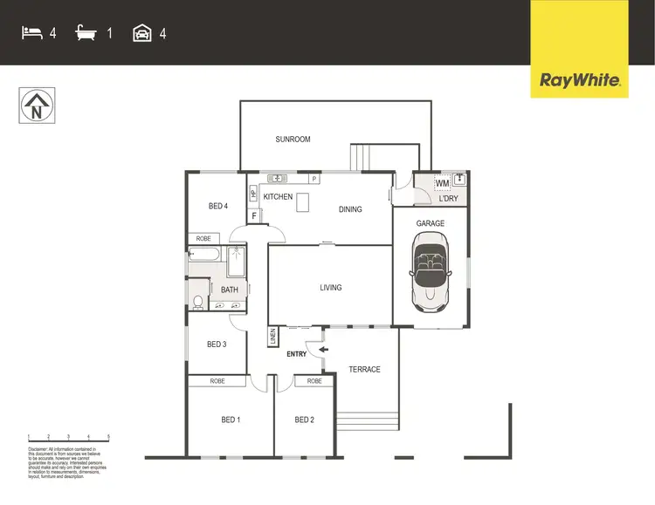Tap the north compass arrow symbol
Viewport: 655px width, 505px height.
pos(36,106)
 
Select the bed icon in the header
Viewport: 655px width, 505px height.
pos(31,33)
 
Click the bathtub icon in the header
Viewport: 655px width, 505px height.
pos(86,33)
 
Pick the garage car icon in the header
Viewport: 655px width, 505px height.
pos(141,33)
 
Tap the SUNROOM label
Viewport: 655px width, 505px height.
pos(293,140)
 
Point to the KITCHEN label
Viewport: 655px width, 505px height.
pos(278,197)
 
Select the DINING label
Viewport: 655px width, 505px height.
pos(350,209)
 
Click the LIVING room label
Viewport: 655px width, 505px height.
pos(330,288)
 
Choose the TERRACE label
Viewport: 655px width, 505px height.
pos(364,370)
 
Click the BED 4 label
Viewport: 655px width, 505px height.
pos(218,207)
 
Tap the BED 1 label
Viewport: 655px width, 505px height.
pos(231,420)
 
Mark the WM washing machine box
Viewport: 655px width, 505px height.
pos(442,183)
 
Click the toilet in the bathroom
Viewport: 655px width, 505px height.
pos(198,303)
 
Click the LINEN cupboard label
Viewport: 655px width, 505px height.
pos(272,337)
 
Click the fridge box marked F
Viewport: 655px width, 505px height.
pos(253,215)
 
